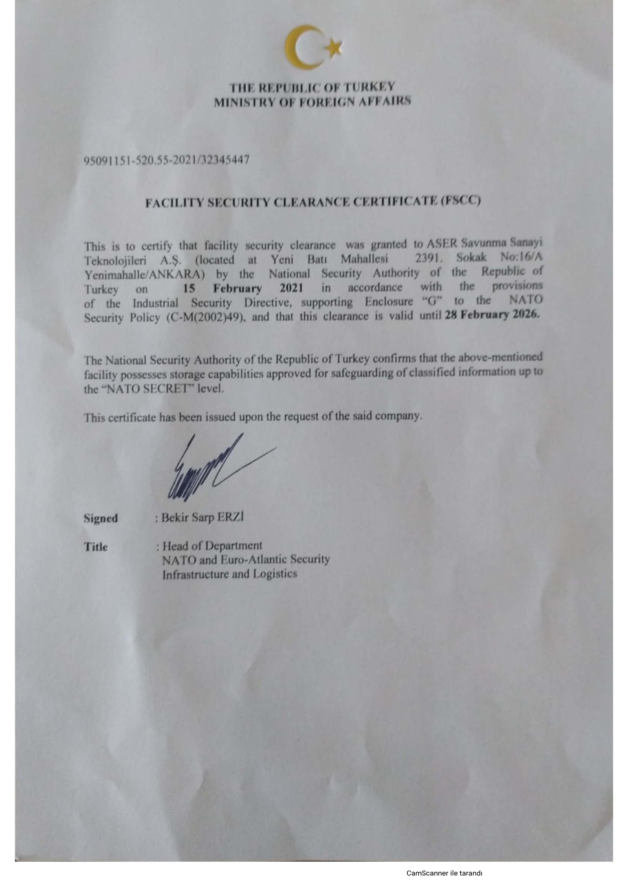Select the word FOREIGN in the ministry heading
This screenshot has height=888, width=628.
click(x=326, y=102)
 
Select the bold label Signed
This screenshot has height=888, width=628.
click(x=101, y=518)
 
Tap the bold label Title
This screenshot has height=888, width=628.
click(x=95, y=547)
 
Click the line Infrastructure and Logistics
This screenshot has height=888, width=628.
click(x=229, y=574)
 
